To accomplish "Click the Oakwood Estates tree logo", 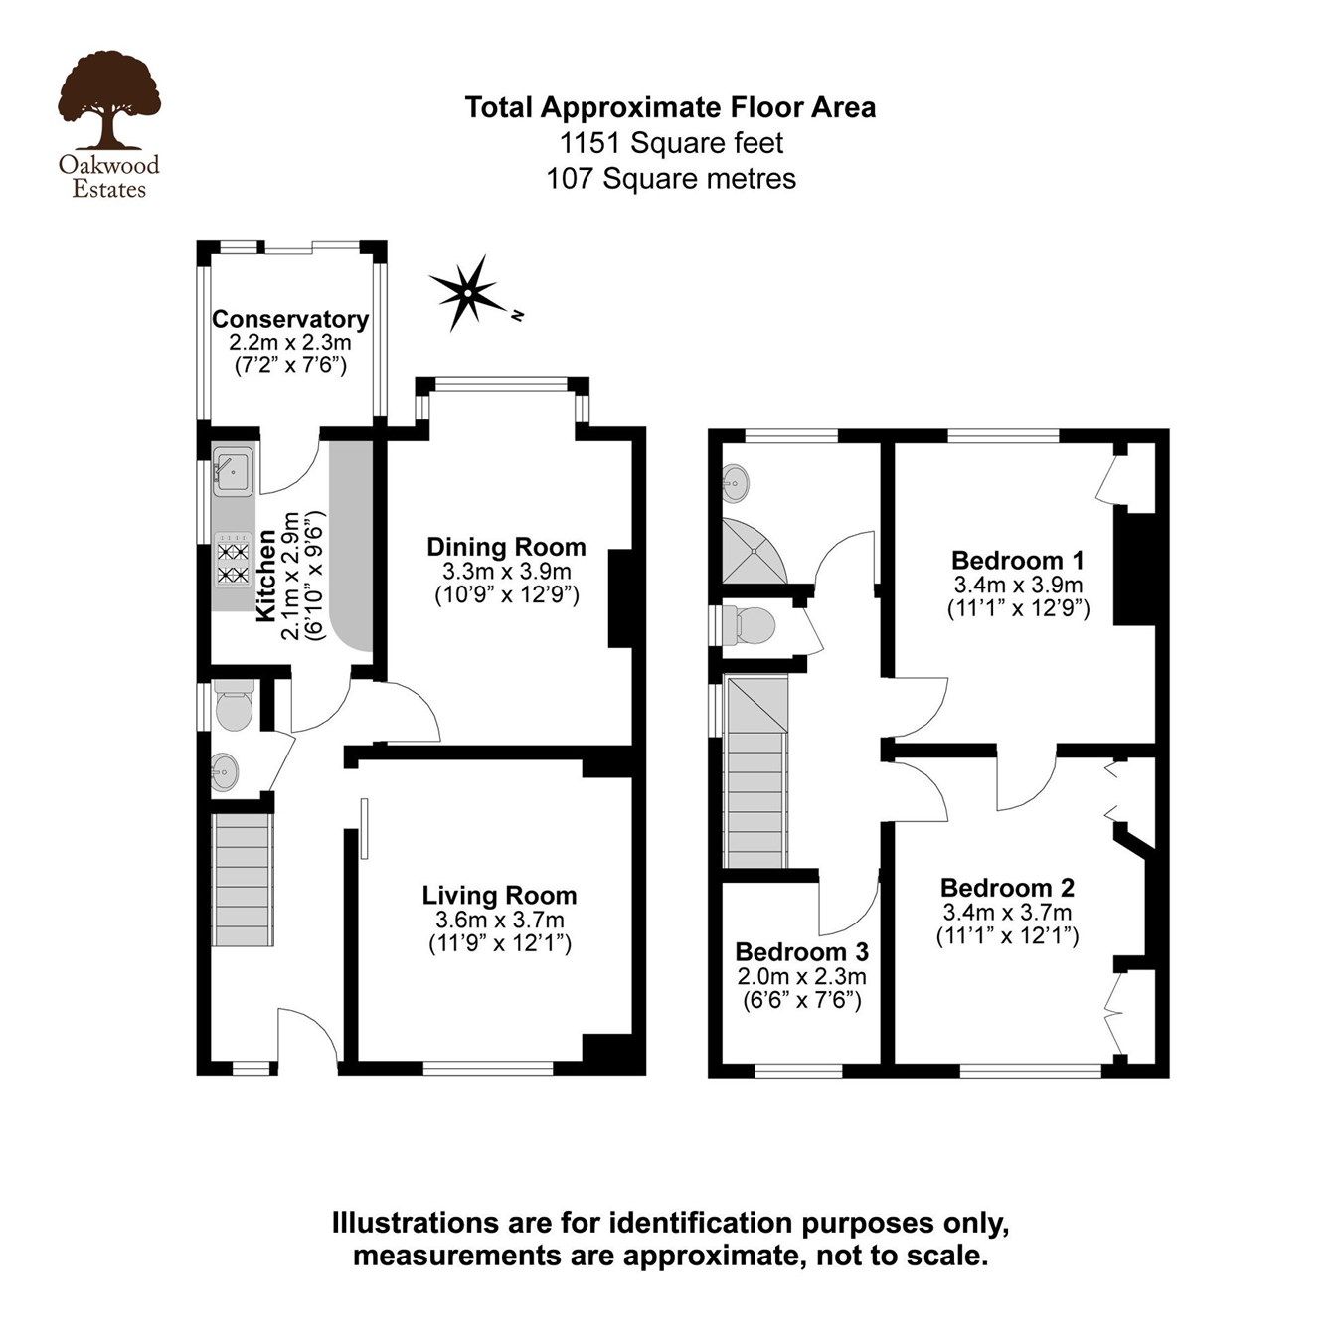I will [x=108, y=100].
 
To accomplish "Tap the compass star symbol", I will [x=464, y=291].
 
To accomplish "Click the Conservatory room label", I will [x=290, y=320].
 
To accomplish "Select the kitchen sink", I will [x=235, y=471].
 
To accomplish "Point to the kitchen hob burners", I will [x=233, y=563].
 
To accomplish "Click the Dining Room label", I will [x=506, y=547].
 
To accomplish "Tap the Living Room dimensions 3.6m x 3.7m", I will [x=499, y=920].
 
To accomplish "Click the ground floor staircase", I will [x=244, y=880].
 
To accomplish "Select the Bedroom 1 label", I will [x=1017, y=559].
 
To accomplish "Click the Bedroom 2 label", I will [x=1007, y=887].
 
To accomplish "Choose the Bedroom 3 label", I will [x=801, y=951].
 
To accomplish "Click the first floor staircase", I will [x=757, y=770].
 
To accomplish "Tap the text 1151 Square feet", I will [x=671, y=143].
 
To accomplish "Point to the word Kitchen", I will [x=266, y=577].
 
